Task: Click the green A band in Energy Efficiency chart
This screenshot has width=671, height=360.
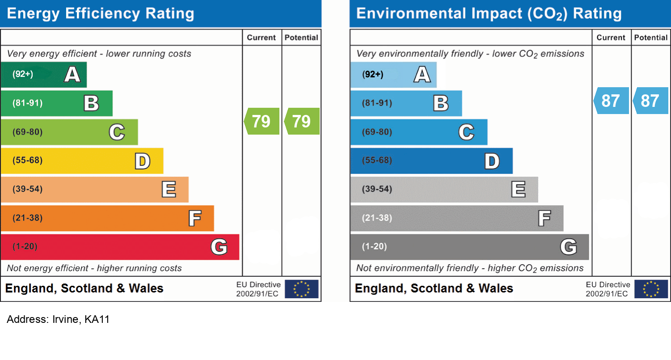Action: [43, 74]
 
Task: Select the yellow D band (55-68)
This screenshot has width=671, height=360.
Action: [82, 161]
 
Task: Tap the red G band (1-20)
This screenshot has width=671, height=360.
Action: [119, 247]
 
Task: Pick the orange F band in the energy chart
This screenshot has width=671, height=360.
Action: [107, 218]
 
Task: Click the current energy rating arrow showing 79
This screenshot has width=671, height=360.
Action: [262, 121]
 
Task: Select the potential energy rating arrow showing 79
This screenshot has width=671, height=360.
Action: [302, 121]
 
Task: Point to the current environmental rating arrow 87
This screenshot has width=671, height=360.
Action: [611, 101]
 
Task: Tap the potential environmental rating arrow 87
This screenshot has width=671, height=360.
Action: [650, 101]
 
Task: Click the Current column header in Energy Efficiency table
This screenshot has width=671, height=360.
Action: [262, 38]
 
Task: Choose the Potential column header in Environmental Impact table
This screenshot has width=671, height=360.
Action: [651, 38]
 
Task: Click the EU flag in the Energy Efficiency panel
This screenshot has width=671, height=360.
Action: [302, 289]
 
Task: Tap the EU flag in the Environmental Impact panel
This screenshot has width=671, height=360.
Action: [651, 289]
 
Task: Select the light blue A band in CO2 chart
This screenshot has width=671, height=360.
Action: [393, 74]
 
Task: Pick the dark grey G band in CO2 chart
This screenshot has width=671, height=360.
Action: [469, 247]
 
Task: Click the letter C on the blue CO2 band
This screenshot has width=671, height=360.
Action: [466, 132]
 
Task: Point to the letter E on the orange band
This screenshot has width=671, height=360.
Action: [169, 190]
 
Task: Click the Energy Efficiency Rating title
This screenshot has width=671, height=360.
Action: [101, 13]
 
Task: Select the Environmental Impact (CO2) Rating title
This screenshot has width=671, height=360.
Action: [489, 13]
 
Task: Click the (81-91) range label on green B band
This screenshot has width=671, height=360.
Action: [28, 103]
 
